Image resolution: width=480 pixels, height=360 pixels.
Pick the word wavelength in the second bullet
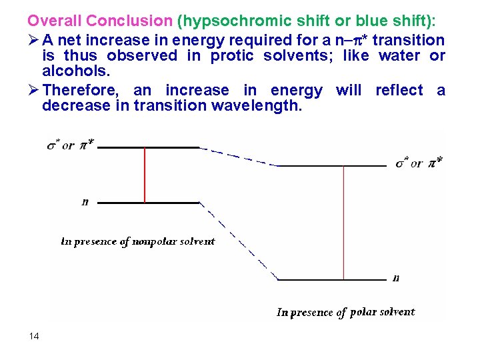264,105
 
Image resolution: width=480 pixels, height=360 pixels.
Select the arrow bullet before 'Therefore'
33,90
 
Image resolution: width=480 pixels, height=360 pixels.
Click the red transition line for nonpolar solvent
145,175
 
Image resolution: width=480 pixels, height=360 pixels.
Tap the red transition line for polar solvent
343,223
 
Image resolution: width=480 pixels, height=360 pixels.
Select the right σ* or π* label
418,162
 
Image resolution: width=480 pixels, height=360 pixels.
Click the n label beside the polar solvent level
396,278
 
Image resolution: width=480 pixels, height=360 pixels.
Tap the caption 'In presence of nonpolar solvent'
138,241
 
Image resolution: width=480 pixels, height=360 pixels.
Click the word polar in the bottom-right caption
364,312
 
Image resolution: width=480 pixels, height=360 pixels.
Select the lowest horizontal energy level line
331,280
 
